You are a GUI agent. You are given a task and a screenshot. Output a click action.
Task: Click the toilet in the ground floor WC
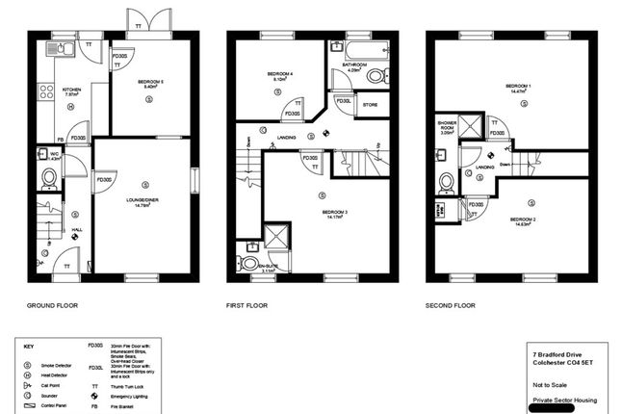click(x=49, y=177)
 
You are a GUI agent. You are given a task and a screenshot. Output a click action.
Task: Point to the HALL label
click(x=76, y=230)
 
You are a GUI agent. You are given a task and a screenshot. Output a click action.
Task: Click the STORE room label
click(x=370, y=104)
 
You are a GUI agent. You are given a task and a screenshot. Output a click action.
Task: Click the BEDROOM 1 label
click(x=520, y=88)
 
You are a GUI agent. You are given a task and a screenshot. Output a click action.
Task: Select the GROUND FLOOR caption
click(x=52, y=306)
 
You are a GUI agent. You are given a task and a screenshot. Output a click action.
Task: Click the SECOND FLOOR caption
click(x=451, y=306)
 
